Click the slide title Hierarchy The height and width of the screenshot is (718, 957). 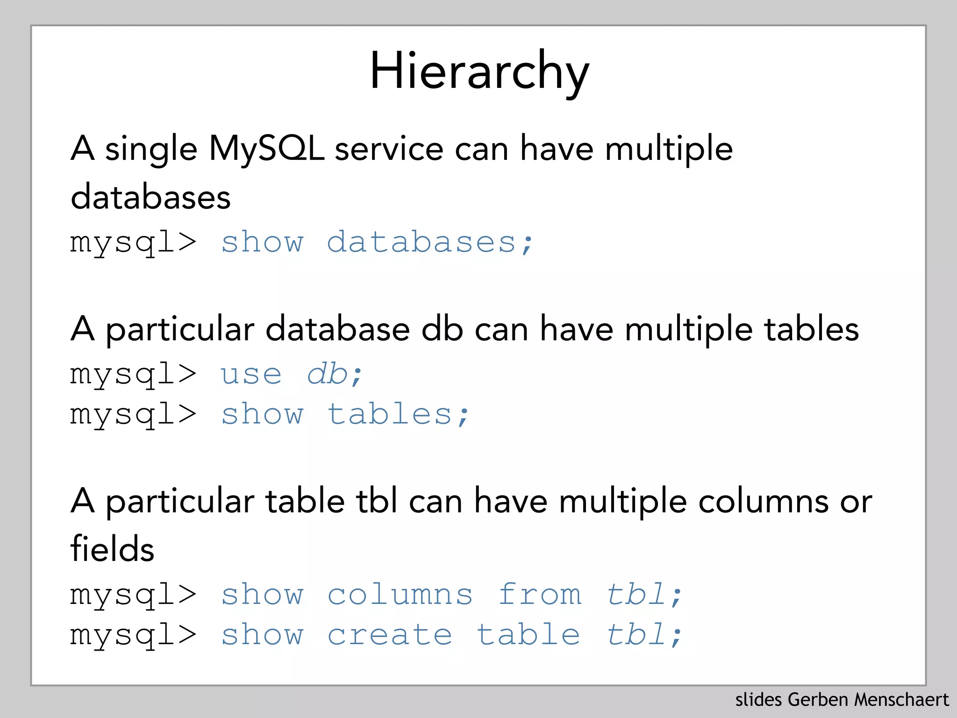click(479, 72)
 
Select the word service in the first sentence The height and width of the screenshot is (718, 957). click(389, 149)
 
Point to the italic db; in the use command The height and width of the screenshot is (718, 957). click(335, 374)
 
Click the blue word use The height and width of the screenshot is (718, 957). click(251, 374)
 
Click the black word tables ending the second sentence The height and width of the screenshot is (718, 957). click(811, 330)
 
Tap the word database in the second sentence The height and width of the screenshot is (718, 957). click(337, 330)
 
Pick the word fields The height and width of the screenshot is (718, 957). click(112, 549)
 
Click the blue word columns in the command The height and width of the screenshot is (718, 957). click(400, 595)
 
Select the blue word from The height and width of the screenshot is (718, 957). click(540, 595)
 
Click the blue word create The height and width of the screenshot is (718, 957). click(390, 635)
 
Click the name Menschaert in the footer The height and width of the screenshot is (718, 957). click(901, 700)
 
